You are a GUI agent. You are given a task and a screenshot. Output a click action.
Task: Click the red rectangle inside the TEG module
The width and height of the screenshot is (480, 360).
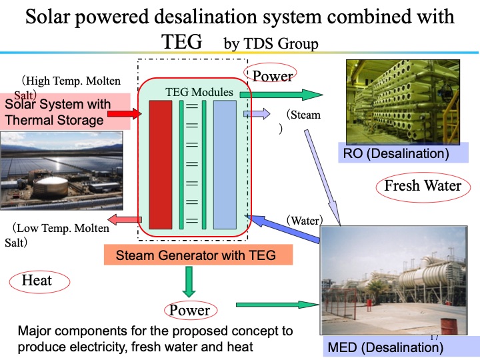click(x=161, y=164)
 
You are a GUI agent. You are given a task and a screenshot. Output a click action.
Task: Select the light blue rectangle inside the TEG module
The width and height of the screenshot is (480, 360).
click(x=225, y=164)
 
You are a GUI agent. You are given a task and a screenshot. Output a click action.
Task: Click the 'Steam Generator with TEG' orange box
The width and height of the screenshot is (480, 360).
click(x=199, y=255)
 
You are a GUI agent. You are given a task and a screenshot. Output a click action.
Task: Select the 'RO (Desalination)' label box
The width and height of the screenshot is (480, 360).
click(x=393, y=154)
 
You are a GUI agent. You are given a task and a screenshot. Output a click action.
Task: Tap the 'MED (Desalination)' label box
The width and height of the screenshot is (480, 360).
click(x=385, y=347)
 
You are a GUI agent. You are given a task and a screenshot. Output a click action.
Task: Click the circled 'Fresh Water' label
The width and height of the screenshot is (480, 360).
click(x=423, y=185)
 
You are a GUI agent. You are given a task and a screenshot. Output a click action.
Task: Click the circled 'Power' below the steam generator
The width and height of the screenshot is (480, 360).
click(x=189, y=310)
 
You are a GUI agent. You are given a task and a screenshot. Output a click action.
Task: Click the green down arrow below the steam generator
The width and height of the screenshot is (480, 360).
click(x=189, y=281)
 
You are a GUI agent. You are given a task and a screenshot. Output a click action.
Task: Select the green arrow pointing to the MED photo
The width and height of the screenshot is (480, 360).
click(x=277, y=305)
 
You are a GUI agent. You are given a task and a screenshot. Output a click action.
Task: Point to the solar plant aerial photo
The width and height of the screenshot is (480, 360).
click(x=61, y=173)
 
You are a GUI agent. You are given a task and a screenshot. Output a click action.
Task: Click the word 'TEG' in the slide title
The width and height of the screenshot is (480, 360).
click(x=182, y=42)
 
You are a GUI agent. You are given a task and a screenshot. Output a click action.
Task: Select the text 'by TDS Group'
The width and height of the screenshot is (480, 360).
click(x=271, y=44)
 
